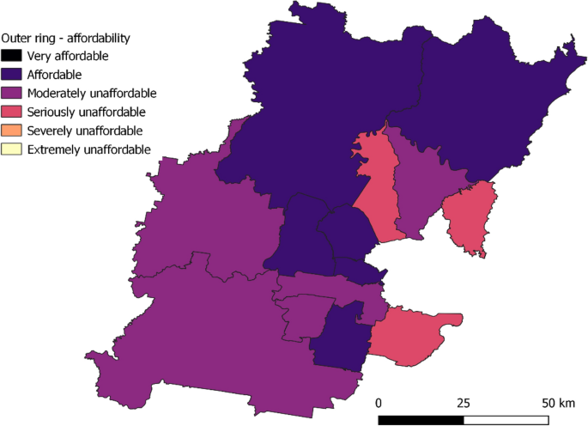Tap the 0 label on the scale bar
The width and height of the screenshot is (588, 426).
tap(379, 403)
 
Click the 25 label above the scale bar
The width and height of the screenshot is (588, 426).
tap(464, 403)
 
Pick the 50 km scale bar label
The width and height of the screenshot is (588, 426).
tap(556, 403)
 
